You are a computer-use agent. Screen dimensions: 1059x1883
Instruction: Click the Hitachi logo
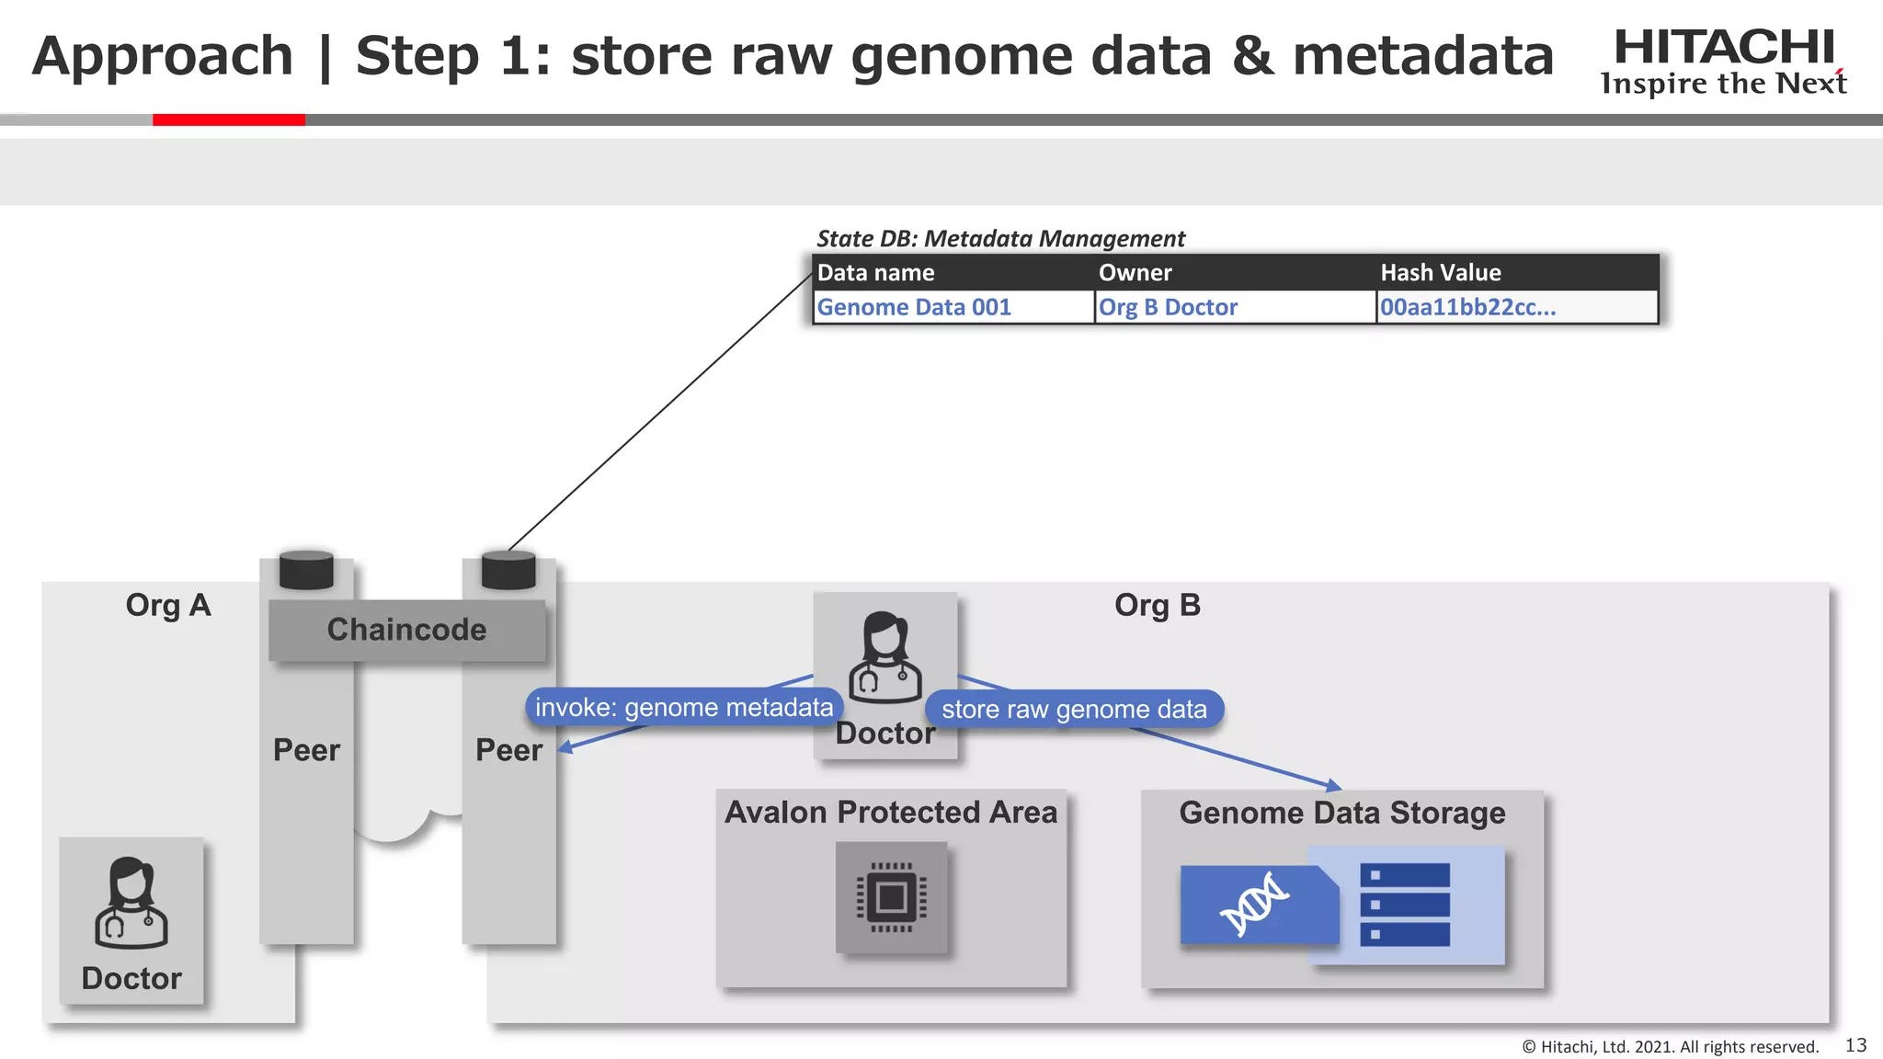click(1723, 61)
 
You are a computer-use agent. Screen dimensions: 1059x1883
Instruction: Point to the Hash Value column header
click(1440, 273)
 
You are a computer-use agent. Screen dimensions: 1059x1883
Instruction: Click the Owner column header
click(1135, 273)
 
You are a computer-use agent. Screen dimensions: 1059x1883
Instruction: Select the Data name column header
click(875, 273)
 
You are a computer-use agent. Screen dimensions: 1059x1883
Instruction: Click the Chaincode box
click(406, 630)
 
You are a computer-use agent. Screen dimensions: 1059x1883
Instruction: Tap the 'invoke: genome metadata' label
click(684, 707)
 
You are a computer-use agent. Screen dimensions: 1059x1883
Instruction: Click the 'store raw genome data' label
click(1074, 709)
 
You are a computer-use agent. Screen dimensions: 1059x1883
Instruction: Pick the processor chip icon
click(891, 897)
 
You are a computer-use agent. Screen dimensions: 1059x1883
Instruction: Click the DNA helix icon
click(1254, 905)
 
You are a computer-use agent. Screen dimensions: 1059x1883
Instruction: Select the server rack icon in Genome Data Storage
click(1404, 905)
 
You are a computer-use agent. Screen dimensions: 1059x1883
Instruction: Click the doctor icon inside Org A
click(131, 903)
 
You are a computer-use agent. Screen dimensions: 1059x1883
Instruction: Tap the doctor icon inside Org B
click(884, 658)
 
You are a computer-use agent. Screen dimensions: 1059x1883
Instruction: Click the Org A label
click(168, 606)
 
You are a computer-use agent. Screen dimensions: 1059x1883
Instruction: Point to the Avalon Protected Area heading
click(891, 813)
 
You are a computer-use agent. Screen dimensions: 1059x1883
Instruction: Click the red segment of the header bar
click(228, 120)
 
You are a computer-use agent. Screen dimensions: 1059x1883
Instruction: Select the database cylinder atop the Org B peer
click(508, 570)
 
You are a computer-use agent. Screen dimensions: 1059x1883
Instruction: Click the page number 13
click(1855, 1045)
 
